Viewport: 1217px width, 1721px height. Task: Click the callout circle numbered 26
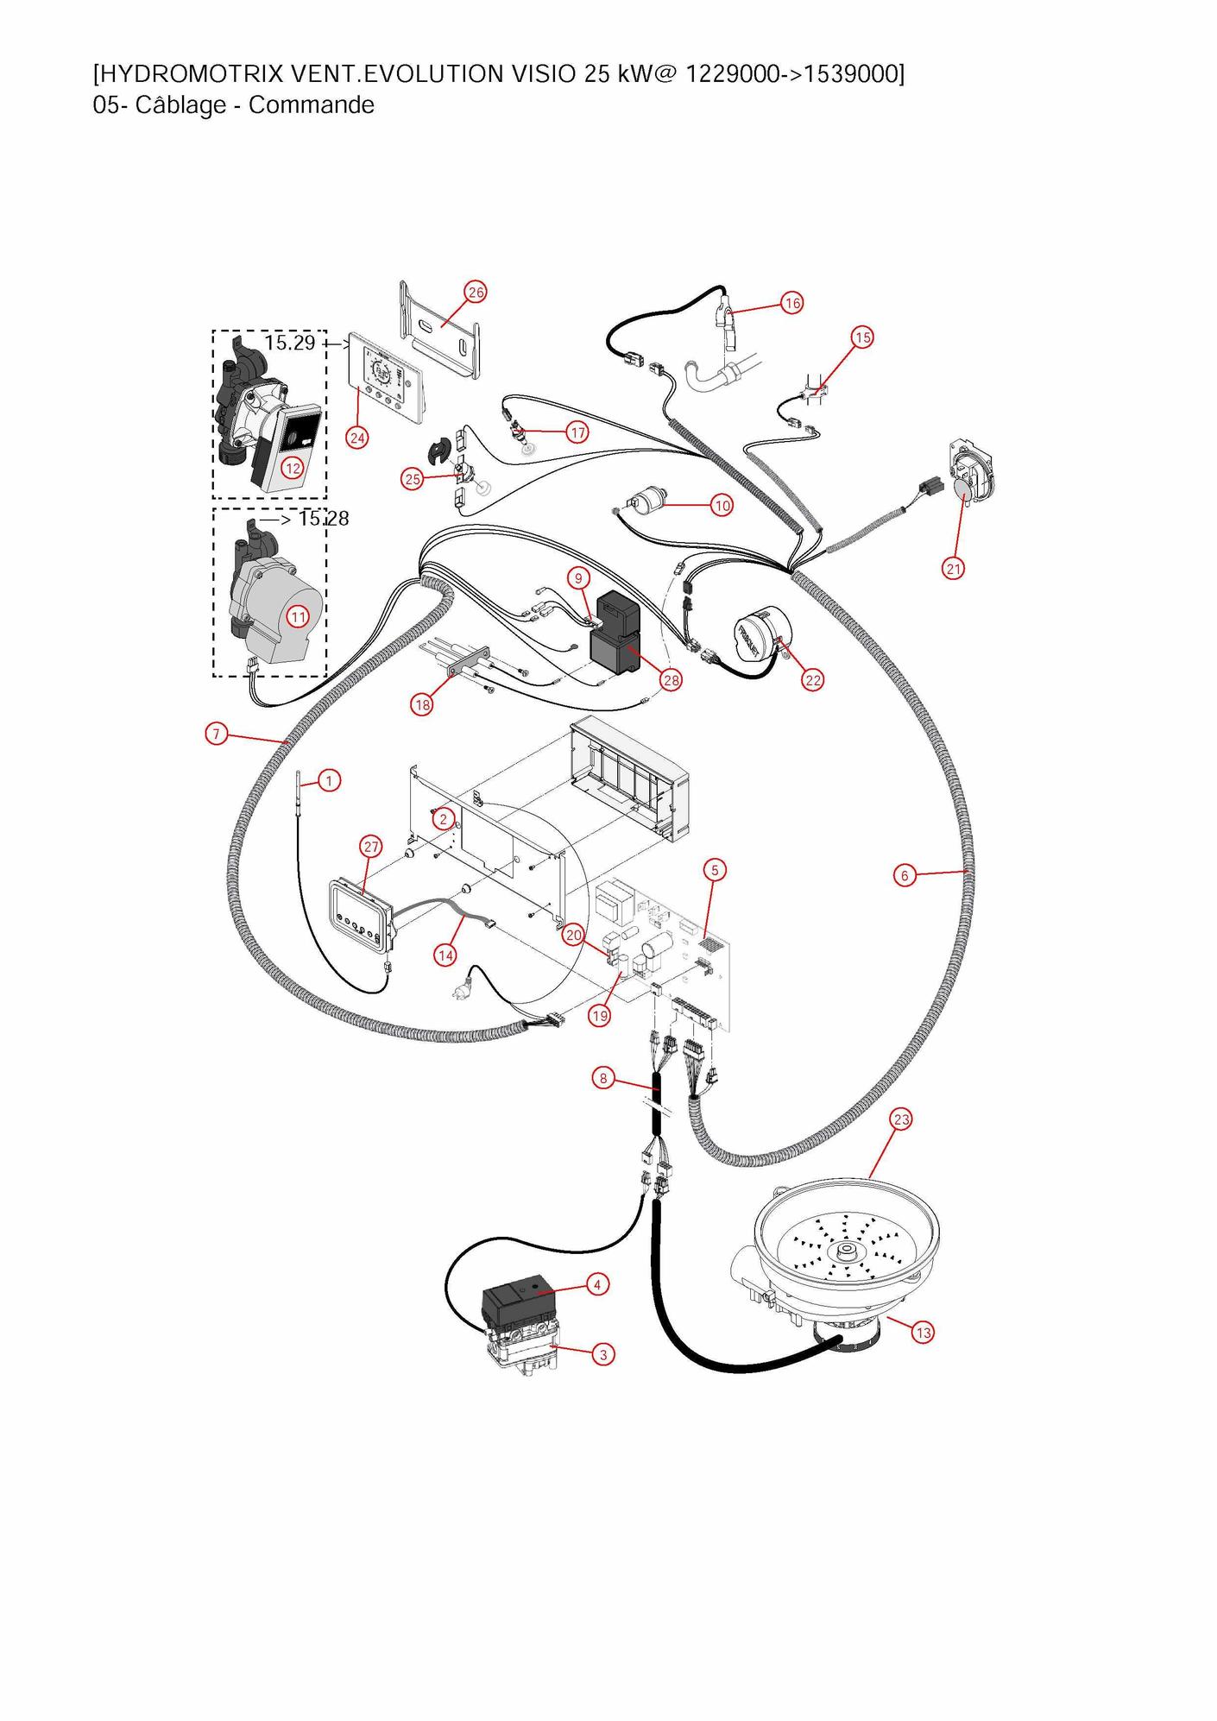tap(476, 292)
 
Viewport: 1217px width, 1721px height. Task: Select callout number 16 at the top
tap(791, 303)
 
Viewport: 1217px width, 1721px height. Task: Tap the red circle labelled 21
tap(953, 568)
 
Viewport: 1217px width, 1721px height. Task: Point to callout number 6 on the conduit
tap(905, 875)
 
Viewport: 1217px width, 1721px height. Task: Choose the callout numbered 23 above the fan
tap(901, 1119)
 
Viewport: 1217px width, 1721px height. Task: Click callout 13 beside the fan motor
tap(923, 1333)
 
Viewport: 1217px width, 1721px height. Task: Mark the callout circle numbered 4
tap(597, 1284)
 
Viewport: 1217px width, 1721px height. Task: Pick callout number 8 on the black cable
tap(603, 1078)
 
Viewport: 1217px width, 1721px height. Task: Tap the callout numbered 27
tap(371, 846)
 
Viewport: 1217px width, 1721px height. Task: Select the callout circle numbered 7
tap(216, 734)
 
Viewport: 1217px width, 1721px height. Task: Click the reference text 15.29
tap(290, 343)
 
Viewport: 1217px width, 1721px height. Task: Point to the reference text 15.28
tap(324, 519)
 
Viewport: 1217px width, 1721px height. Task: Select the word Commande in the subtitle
tap(311, 105)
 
